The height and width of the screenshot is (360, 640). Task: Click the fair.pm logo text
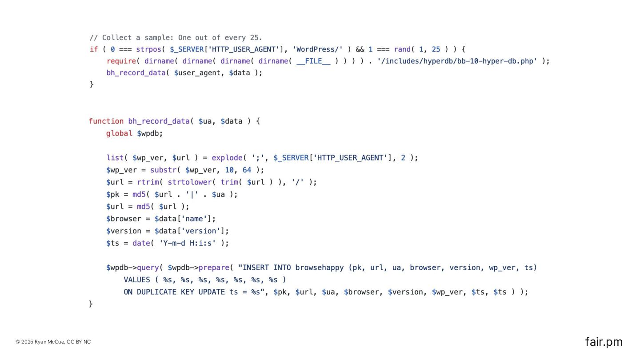click(x=604, y=342)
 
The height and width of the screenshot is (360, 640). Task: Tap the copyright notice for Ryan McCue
click(x=53, y=342)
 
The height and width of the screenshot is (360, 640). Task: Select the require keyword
click(x=121, y=61)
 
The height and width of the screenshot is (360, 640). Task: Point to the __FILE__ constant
click(x=313, y=61)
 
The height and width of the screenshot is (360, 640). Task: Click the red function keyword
click(x=106, y=121)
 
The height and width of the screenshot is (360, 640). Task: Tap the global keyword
click(x=119, y=133)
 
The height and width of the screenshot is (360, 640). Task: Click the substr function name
click(x=163, y=170)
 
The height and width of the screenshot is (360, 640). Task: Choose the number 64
click(x=247, y=170)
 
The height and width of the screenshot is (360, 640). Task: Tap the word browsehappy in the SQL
click(x=320, y=268)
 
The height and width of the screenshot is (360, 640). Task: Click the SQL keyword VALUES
click(x=137, y=280)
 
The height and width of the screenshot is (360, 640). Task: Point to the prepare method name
click(x=213, y=268)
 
